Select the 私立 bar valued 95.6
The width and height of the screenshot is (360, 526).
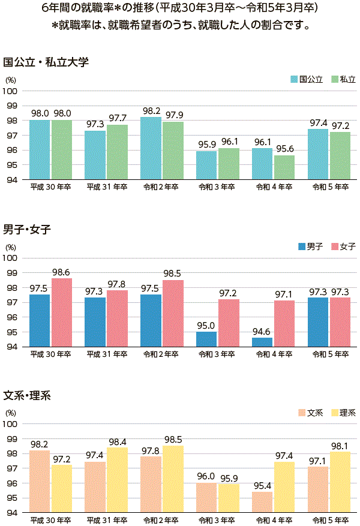tap(284, 167)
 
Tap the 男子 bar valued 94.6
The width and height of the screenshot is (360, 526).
tap(262, 342)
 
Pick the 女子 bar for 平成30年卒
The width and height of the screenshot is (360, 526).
tap(61, 312)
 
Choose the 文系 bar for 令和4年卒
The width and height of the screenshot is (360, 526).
tap(262, 502)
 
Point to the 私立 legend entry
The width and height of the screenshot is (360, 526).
tap(343, 79)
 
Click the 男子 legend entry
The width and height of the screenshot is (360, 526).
tap(310, 247)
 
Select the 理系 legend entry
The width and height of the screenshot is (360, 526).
tap(343, 413)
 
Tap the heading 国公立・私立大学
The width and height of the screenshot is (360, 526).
tap(46, 62)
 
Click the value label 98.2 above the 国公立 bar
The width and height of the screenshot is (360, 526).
tap(151, 111)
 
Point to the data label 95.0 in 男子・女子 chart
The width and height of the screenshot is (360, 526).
tap(206, 325)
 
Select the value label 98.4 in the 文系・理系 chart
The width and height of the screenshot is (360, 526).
tap(118, 441)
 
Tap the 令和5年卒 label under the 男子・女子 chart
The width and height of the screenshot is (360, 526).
tap(329, 354)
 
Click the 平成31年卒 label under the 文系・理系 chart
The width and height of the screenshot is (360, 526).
tap(106, 520)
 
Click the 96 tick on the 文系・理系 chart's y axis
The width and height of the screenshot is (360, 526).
tap(13, 483)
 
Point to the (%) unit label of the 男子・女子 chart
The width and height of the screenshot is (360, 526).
tap(11, 247)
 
